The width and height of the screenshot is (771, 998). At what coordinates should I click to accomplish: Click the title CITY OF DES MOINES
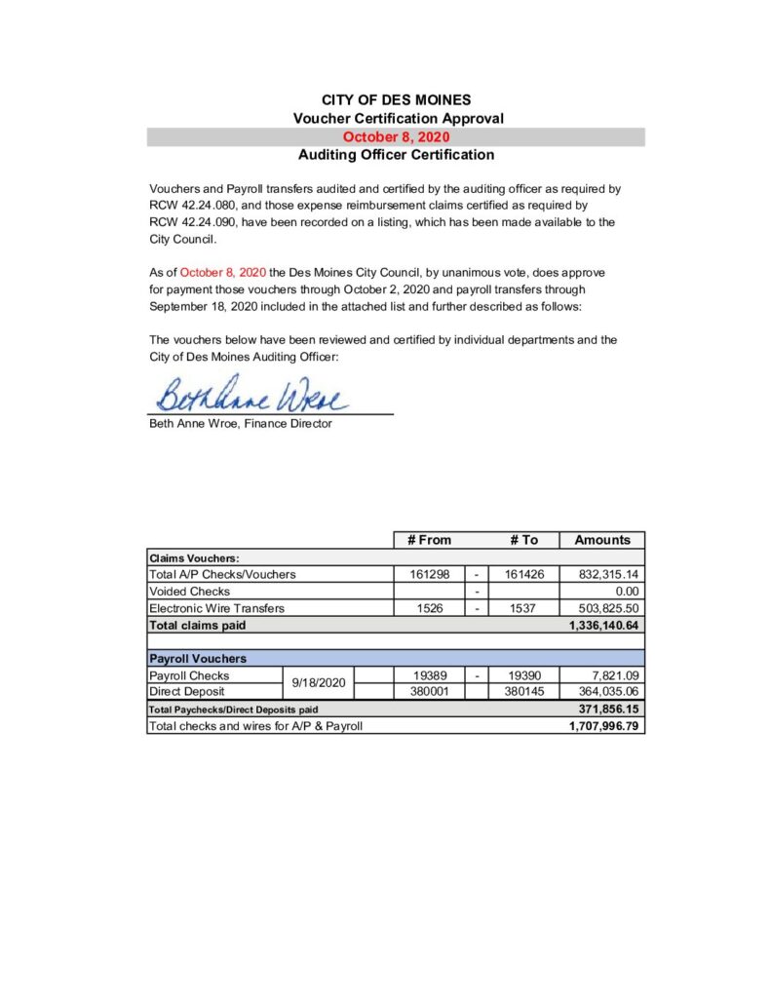396,99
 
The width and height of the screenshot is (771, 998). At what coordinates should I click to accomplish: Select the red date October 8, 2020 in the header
396,137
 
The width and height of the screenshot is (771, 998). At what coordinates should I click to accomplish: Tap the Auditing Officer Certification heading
396,155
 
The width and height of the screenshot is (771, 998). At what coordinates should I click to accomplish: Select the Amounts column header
602,540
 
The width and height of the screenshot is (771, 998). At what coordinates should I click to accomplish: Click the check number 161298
429,575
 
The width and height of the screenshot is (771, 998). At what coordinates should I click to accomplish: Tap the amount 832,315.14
608,575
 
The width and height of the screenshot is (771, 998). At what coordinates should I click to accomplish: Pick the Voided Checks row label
190,592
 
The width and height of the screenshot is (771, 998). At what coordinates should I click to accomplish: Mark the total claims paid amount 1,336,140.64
603,625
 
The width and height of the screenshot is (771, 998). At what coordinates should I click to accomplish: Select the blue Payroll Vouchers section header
198,659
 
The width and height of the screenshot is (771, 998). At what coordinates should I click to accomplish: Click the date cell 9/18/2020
319,683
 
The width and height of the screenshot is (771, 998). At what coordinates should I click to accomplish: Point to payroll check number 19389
429,675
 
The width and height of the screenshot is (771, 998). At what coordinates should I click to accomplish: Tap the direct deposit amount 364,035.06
608,691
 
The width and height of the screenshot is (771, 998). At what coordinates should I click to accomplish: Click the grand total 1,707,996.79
603,726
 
